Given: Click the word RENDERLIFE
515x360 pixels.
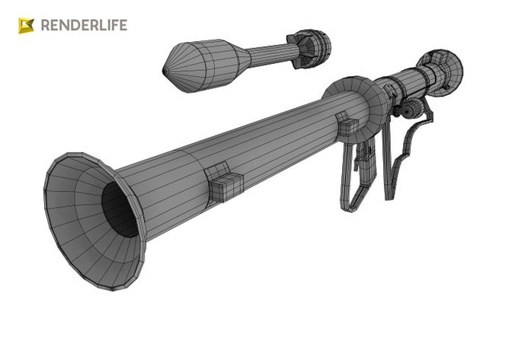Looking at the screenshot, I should [x=83, y=26].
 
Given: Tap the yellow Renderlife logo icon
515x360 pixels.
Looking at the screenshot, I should [x=27, y=26].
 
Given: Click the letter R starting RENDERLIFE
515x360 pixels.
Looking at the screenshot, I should [x=45, y=26].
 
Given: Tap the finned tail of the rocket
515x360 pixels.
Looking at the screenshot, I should [x=310, y=46].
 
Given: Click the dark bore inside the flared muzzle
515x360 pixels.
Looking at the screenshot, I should [x=119, y=210].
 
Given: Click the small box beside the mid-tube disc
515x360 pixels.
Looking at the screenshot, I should [x=347, y=126].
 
